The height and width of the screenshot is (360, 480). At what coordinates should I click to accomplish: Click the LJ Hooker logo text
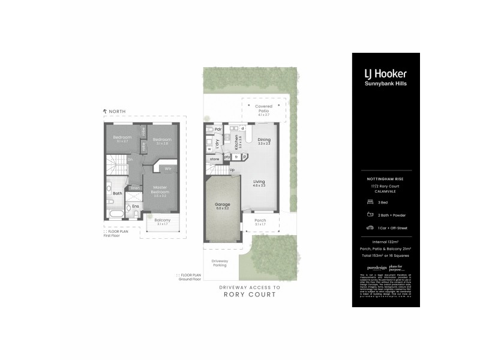385,74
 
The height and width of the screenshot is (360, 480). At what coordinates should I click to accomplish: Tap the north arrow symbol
106,111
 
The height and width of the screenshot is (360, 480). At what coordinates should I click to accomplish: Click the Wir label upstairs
168,169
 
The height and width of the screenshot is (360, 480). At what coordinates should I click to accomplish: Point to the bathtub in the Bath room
116,213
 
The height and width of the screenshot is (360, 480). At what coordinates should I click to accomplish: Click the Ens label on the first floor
136,206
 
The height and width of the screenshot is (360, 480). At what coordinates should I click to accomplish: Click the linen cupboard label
136,188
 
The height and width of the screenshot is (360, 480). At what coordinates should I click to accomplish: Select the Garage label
223,205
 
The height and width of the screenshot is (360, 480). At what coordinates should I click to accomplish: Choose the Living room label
259,182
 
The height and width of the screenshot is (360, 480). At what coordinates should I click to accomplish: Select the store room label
214,159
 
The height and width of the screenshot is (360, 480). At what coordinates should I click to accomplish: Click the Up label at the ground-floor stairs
232,169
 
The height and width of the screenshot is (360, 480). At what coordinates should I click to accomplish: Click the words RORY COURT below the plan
251,295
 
